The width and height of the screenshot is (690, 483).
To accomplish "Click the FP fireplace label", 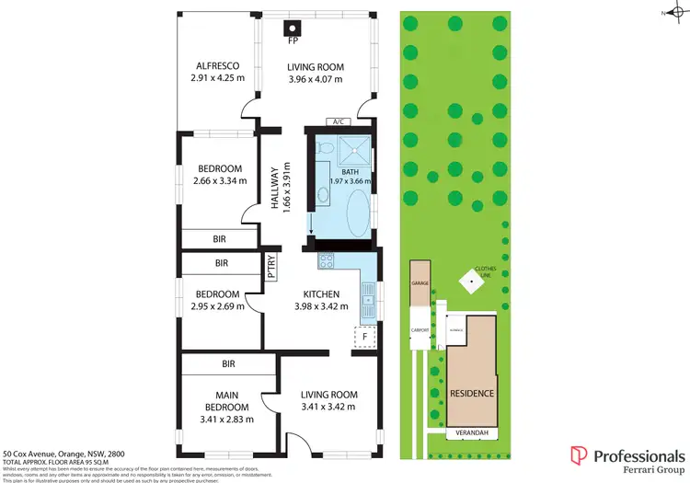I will click(x=293, y=41).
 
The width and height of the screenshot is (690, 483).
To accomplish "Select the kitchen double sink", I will click(x=367, y=297).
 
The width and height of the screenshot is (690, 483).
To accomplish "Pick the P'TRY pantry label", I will click(x=272, y=266).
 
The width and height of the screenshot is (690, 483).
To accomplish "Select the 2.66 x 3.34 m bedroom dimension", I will click(x=219, y=180).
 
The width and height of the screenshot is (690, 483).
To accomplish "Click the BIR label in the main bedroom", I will click(x=227, y=364).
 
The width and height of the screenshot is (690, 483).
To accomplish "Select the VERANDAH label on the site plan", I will click(x=473, y=432).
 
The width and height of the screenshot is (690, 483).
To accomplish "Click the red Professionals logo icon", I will click(x=578, y=454).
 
